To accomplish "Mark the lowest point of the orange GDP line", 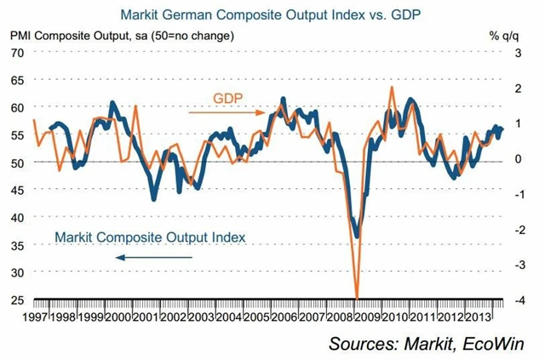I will coord(356,297).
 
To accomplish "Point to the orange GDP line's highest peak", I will coord(391,87).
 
